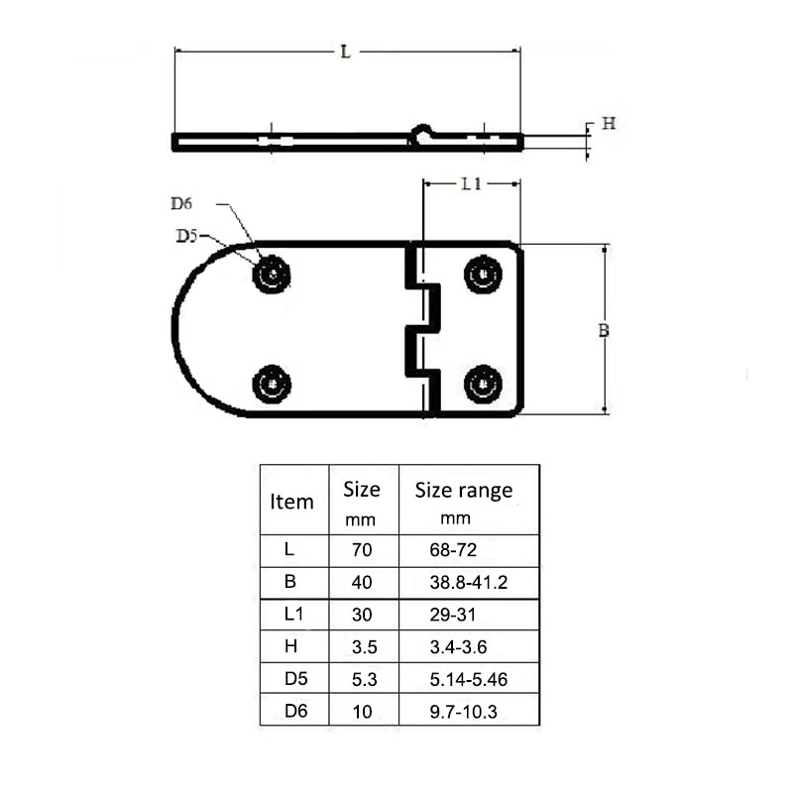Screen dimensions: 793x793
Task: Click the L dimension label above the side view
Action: [345, 53]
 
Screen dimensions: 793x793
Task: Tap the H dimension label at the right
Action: [610, 124]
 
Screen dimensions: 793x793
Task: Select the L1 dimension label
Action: [471, 183]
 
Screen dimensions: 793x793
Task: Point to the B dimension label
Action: [604, 331]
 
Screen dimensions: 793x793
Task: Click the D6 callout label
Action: [180, 204]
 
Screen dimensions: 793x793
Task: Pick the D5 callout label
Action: [186, 236]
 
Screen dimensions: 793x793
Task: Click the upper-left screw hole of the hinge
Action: [271, 273]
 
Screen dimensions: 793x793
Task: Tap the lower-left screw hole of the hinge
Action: [271, 384]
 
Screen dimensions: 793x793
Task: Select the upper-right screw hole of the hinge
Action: [483, 273]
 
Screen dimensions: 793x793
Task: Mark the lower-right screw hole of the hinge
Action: [483, 383]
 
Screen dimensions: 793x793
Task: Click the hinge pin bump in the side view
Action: [422, 131]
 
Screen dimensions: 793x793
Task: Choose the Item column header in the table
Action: [291, 502]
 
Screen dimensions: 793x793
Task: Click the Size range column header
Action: [463, 491]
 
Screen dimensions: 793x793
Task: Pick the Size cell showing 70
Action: [362, 547]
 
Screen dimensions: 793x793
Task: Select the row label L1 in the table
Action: [292, 614]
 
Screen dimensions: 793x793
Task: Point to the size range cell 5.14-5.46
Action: [461, 680]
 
